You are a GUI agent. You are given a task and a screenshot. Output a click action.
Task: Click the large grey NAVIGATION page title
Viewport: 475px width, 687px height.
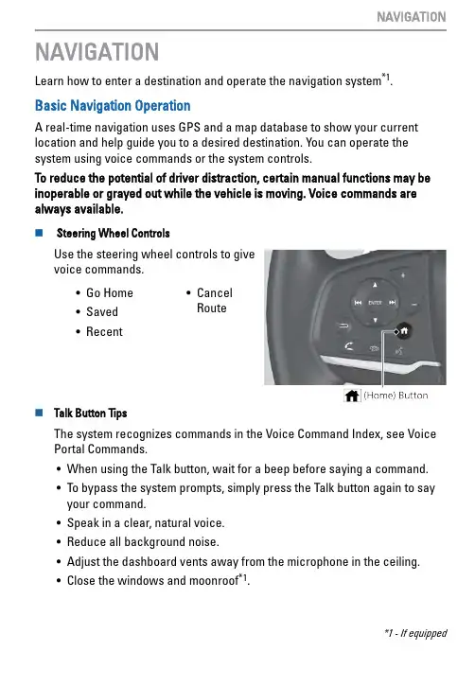97,52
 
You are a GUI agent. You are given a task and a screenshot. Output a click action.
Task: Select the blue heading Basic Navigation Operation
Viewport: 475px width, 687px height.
113,106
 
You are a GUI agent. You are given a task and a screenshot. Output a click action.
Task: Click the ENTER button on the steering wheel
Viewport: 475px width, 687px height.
375,303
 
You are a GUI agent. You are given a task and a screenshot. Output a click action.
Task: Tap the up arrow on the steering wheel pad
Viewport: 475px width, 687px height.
375,285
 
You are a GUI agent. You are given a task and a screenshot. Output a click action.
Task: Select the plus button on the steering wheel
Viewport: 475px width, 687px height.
403,275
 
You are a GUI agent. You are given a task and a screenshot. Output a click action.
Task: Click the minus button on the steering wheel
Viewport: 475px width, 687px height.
414,304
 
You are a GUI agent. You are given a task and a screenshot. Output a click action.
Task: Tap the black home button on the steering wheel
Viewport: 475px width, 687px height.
404,331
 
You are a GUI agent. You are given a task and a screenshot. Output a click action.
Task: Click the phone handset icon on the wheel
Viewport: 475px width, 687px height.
349,346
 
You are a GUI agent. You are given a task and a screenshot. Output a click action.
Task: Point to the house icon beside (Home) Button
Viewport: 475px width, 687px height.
352,396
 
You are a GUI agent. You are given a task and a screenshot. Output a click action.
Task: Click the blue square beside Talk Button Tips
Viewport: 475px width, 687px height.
39,413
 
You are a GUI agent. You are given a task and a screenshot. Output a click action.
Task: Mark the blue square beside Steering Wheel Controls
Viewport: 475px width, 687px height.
39,233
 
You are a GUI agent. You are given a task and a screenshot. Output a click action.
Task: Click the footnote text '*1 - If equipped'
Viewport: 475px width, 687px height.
415,634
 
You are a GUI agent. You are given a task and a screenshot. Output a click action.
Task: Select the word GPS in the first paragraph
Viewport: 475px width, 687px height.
189,128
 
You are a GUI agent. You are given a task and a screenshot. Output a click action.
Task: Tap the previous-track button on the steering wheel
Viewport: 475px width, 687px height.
358,303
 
